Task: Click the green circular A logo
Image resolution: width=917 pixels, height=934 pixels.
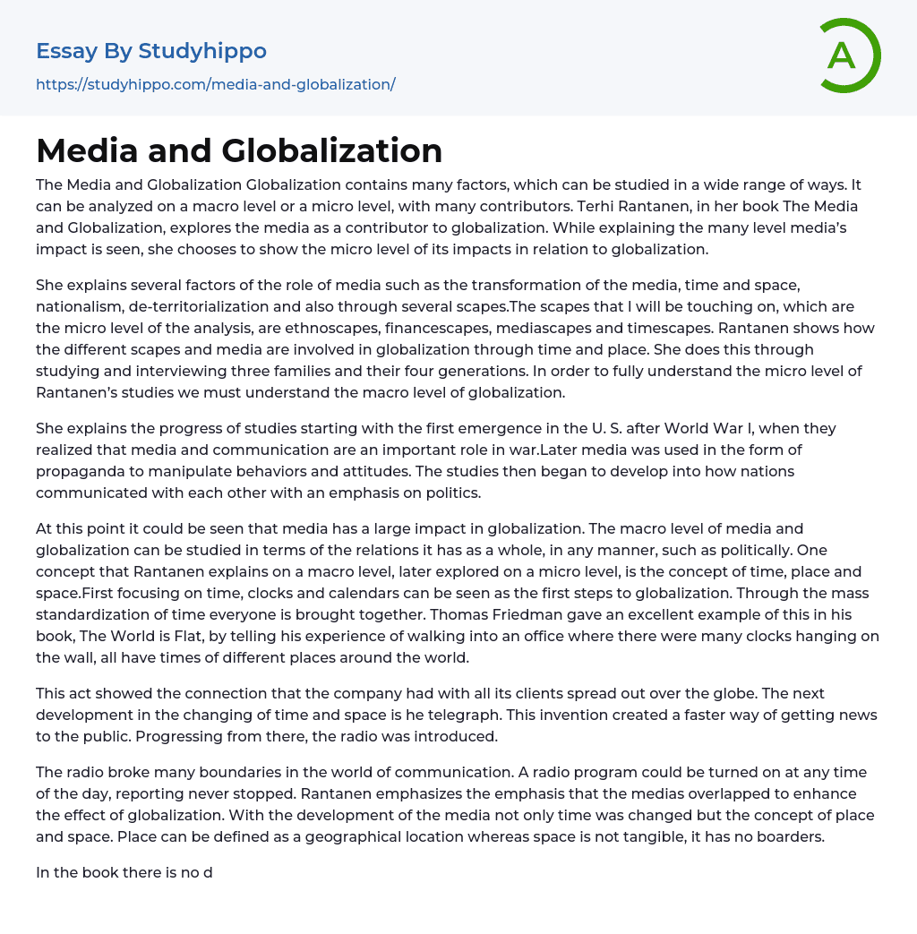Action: (849, 56)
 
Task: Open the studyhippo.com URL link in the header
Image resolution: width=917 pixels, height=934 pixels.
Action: (215, 84)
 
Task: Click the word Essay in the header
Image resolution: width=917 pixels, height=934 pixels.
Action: (66, 51)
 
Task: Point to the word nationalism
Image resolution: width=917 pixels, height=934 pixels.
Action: (74, 306)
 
